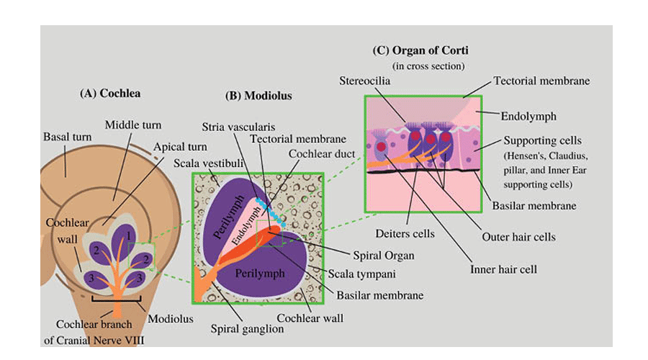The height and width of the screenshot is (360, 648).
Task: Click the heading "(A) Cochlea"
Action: [110, 93]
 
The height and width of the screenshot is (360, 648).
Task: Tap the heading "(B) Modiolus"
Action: [258, 95]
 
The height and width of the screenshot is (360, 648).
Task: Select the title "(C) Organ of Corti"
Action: [420, 50]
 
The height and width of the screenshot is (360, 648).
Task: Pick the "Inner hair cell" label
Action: [504, 269]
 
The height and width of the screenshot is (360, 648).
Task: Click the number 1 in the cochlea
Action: [128, 235]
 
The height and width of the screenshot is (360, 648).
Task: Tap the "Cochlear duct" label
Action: [316, 153]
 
